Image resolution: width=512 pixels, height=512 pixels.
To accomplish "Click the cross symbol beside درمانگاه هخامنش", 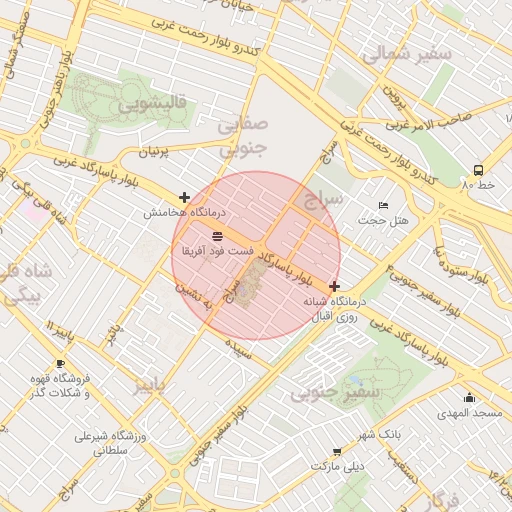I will click(184, 198).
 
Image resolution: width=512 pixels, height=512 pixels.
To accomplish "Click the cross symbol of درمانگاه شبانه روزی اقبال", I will click(333, 287).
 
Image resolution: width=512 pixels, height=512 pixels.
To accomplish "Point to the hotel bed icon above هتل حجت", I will click(382, 205).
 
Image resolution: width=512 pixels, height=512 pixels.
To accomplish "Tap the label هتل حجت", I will click(379, 220).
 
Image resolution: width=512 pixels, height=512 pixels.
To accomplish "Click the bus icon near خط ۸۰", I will click(478, 170).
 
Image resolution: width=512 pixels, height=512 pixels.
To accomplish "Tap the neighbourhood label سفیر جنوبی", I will click(336, 394).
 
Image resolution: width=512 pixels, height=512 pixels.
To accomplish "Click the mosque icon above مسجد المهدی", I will click(469, 398).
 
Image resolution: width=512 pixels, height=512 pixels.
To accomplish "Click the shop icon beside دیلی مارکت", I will click(337, 451).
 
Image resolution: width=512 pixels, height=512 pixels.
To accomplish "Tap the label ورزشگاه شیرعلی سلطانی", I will click(112, 444).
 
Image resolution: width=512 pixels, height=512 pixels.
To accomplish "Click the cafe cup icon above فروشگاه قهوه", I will click(60, 363).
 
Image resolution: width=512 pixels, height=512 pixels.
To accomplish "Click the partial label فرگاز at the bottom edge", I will click(440, 501).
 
